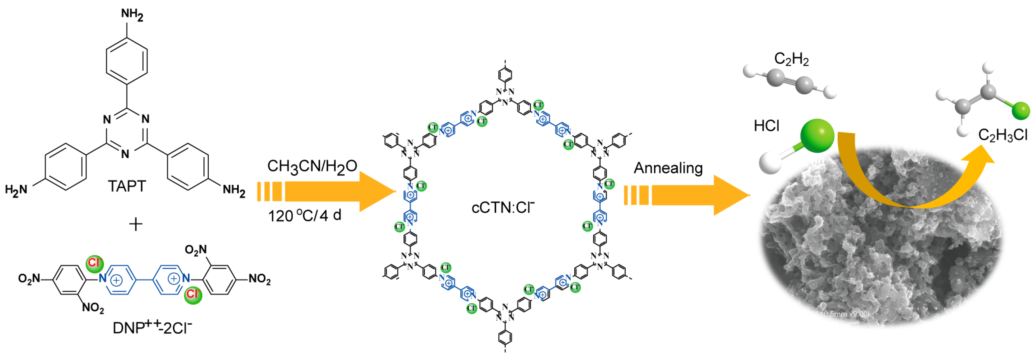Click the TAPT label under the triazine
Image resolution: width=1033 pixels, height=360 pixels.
point(127,186)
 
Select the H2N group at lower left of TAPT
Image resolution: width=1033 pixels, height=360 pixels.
point(16,190)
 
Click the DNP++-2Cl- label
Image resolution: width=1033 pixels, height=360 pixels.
point(152,328)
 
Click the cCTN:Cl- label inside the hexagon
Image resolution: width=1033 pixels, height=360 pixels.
point(503,208)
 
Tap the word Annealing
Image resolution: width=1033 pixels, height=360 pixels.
point(668,168)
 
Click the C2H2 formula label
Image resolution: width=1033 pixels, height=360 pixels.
point(791,59)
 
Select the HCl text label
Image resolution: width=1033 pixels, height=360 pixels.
point(766,126)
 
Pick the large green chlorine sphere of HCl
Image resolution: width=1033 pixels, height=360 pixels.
point(817,136)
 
